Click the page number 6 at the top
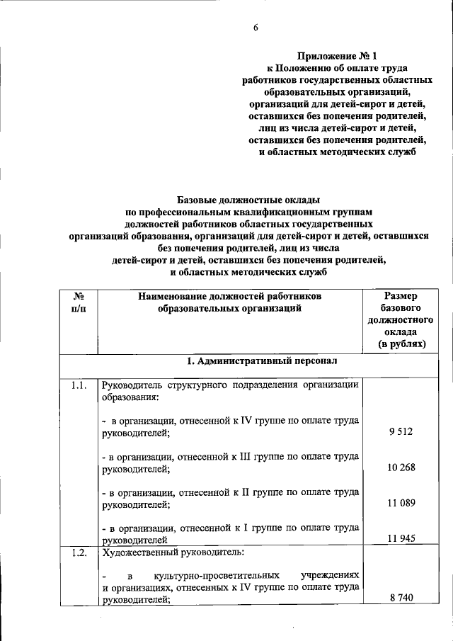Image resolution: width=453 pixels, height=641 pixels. (256, 28)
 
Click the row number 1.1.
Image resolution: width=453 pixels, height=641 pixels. (79, 385)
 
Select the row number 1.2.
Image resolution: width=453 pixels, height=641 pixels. (79, 554)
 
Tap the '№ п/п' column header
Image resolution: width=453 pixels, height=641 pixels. (79, 302)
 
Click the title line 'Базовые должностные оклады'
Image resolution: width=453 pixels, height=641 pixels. (248, 200)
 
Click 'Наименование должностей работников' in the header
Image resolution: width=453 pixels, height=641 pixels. (230, 296)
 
